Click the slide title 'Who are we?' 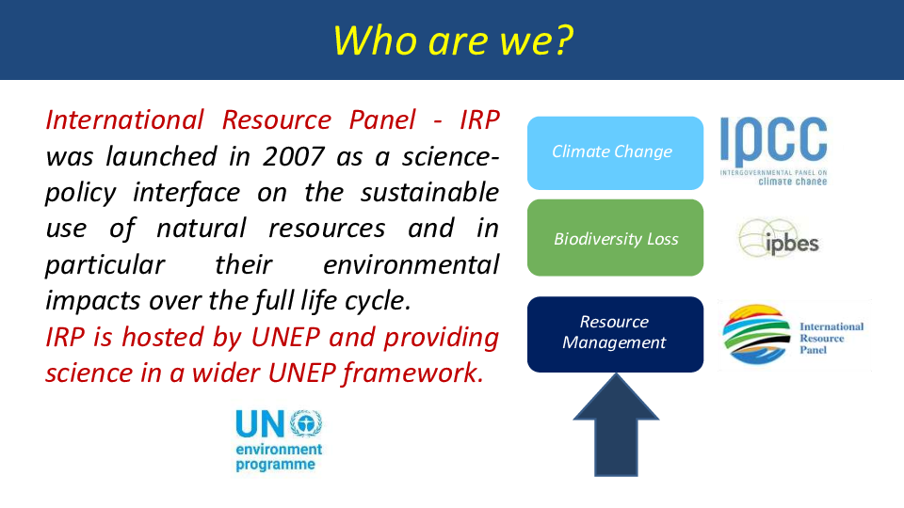tap(453, 40)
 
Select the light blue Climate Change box tap(615, 153)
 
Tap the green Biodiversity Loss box tap(615, 238)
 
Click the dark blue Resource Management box tap(615, 335)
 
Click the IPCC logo tap(774, 151)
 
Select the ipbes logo tap(779, 238)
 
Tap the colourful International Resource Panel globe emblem tap(756, 335)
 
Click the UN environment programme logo tap(279, 440)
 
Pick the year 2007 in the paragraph tap(294, 157)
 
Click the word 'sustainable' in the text tap(429, 192)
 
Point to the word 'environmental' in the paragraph tap(412, 265)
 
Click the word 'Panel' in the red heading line tap(382, 120)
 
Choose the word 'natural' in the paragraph tap(202, 229)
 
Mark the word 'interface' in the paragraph tap(186, 192)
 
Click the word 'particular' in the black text tap(105, 265)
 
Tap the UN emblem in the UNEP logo tap(306, 423)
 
